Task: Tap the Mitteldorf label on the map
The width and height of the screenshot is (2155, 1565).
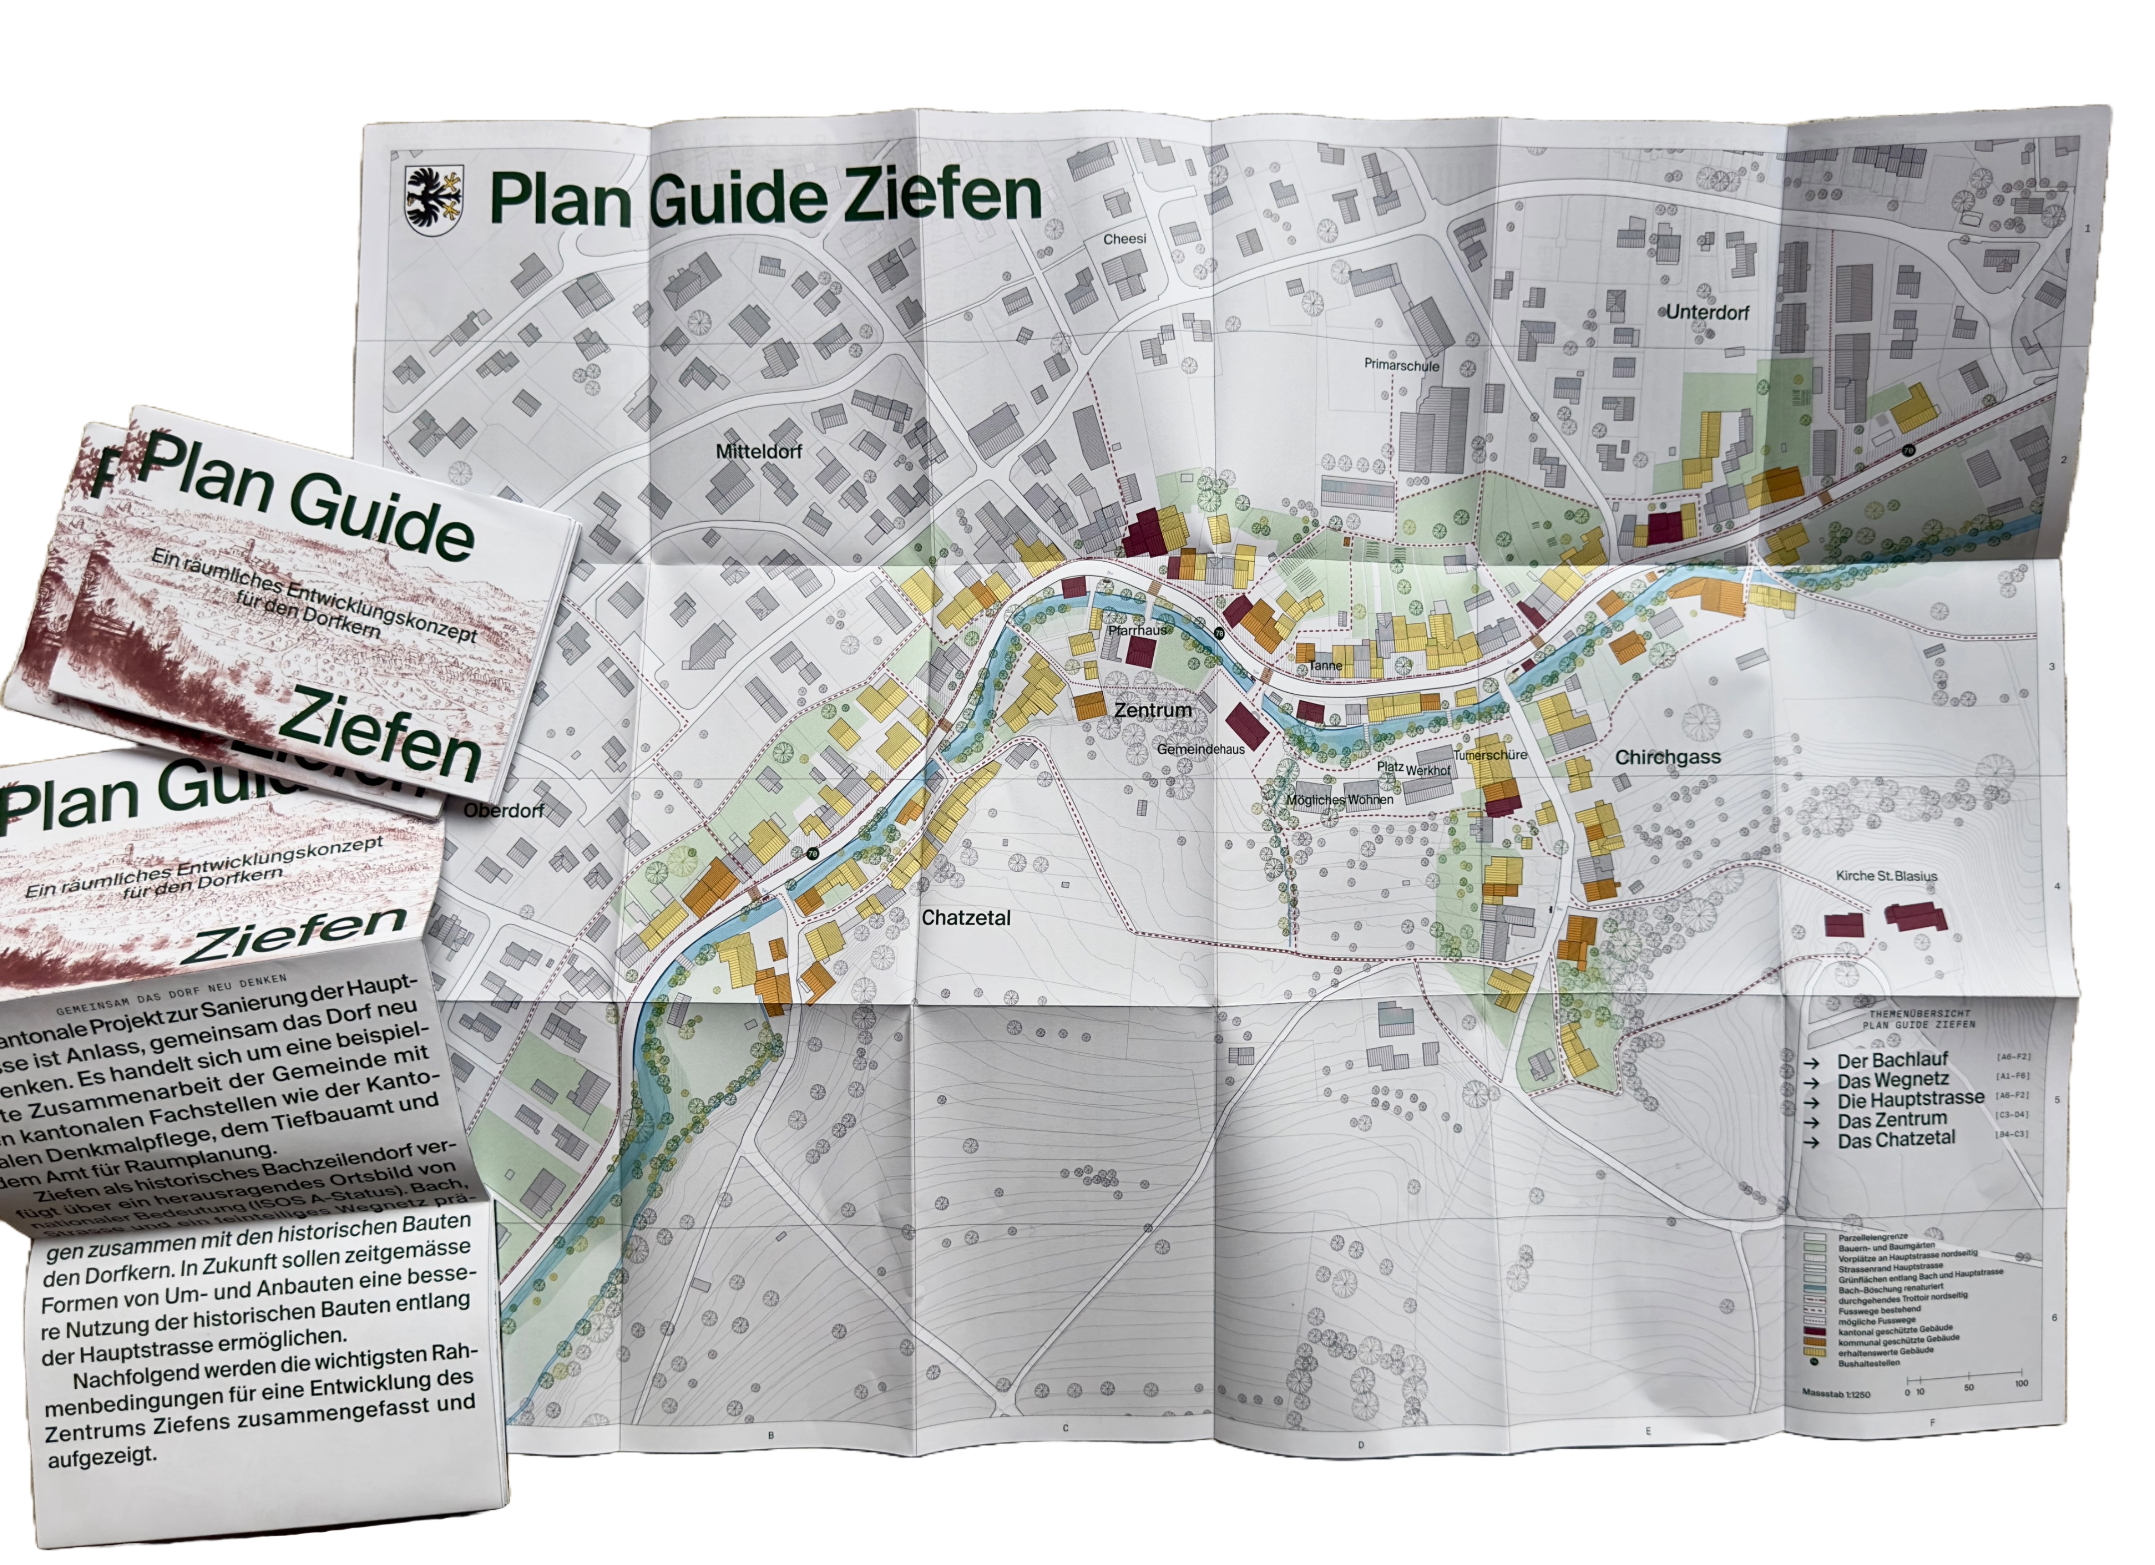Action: pos(758,451)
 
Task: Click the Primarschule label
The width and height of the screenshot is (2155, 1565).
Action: pos(1401,365)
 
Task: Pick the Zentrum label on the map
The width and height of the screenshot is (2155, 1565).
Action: pos(1153,710)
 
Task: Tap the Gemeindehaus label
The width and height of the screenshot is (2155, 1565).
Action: pos(1200,749)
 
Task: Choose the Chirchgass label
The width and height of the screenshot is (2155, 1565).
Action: pos(1668,757)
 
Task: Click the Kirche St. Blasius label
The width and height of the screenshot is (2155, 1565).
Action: pos(1886,876)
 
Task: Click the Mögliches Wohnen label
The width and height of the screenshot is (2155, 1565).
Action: pos(1340,799)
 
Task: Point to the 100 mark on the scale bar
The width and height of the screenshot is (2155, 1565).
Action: pos(2021,1384)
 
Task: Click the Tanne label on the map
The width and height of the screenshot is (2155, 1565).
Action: pos(1325,665)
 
